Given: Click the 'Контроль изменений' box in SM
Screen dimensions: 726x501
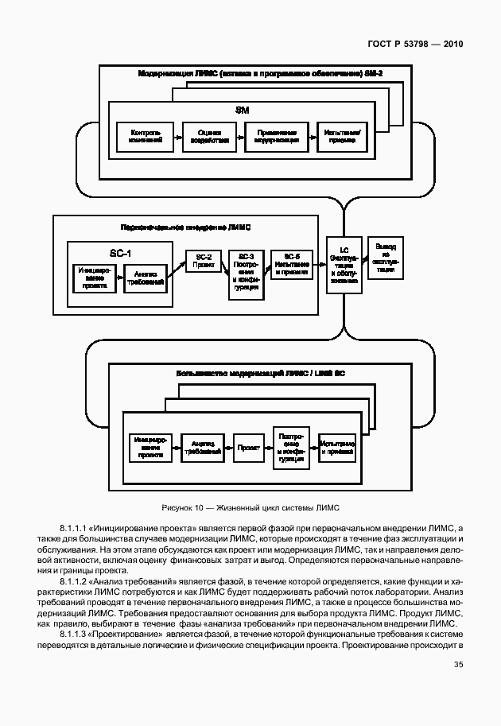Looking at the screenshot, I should tap(146, 136).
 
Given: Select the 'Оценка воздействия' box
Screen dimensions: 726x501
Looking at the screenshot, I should tap(209, 136).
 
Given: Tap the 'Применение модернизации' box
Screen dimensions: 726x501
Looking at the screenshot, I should tap(276, 136).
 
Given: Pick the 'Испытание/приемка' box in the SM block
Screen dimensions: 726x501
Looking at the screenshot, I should tap(341, 136).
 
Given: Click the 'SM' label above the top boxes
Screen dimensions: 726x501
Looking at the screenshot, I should tap(243, 110).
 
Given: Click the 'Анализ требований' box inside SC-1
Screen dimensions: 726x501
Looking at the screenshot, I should tap(145, 278).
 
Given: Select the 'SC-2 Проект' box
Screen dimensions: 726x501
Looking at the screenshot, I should tap(203, 262).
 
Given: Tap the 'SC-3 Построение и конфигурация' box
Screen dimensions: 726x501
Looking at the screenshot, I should tap(245, 274).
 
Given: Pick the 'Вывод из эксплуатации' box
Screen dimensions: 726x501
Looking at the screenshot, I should tap(386, 257).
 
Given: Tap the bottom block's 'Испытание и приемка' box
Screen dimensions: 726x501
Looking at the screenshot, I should tap(337, 448).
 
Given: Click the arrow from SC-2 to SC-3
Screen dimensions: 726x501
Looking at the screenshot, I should tap(224, 266).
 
